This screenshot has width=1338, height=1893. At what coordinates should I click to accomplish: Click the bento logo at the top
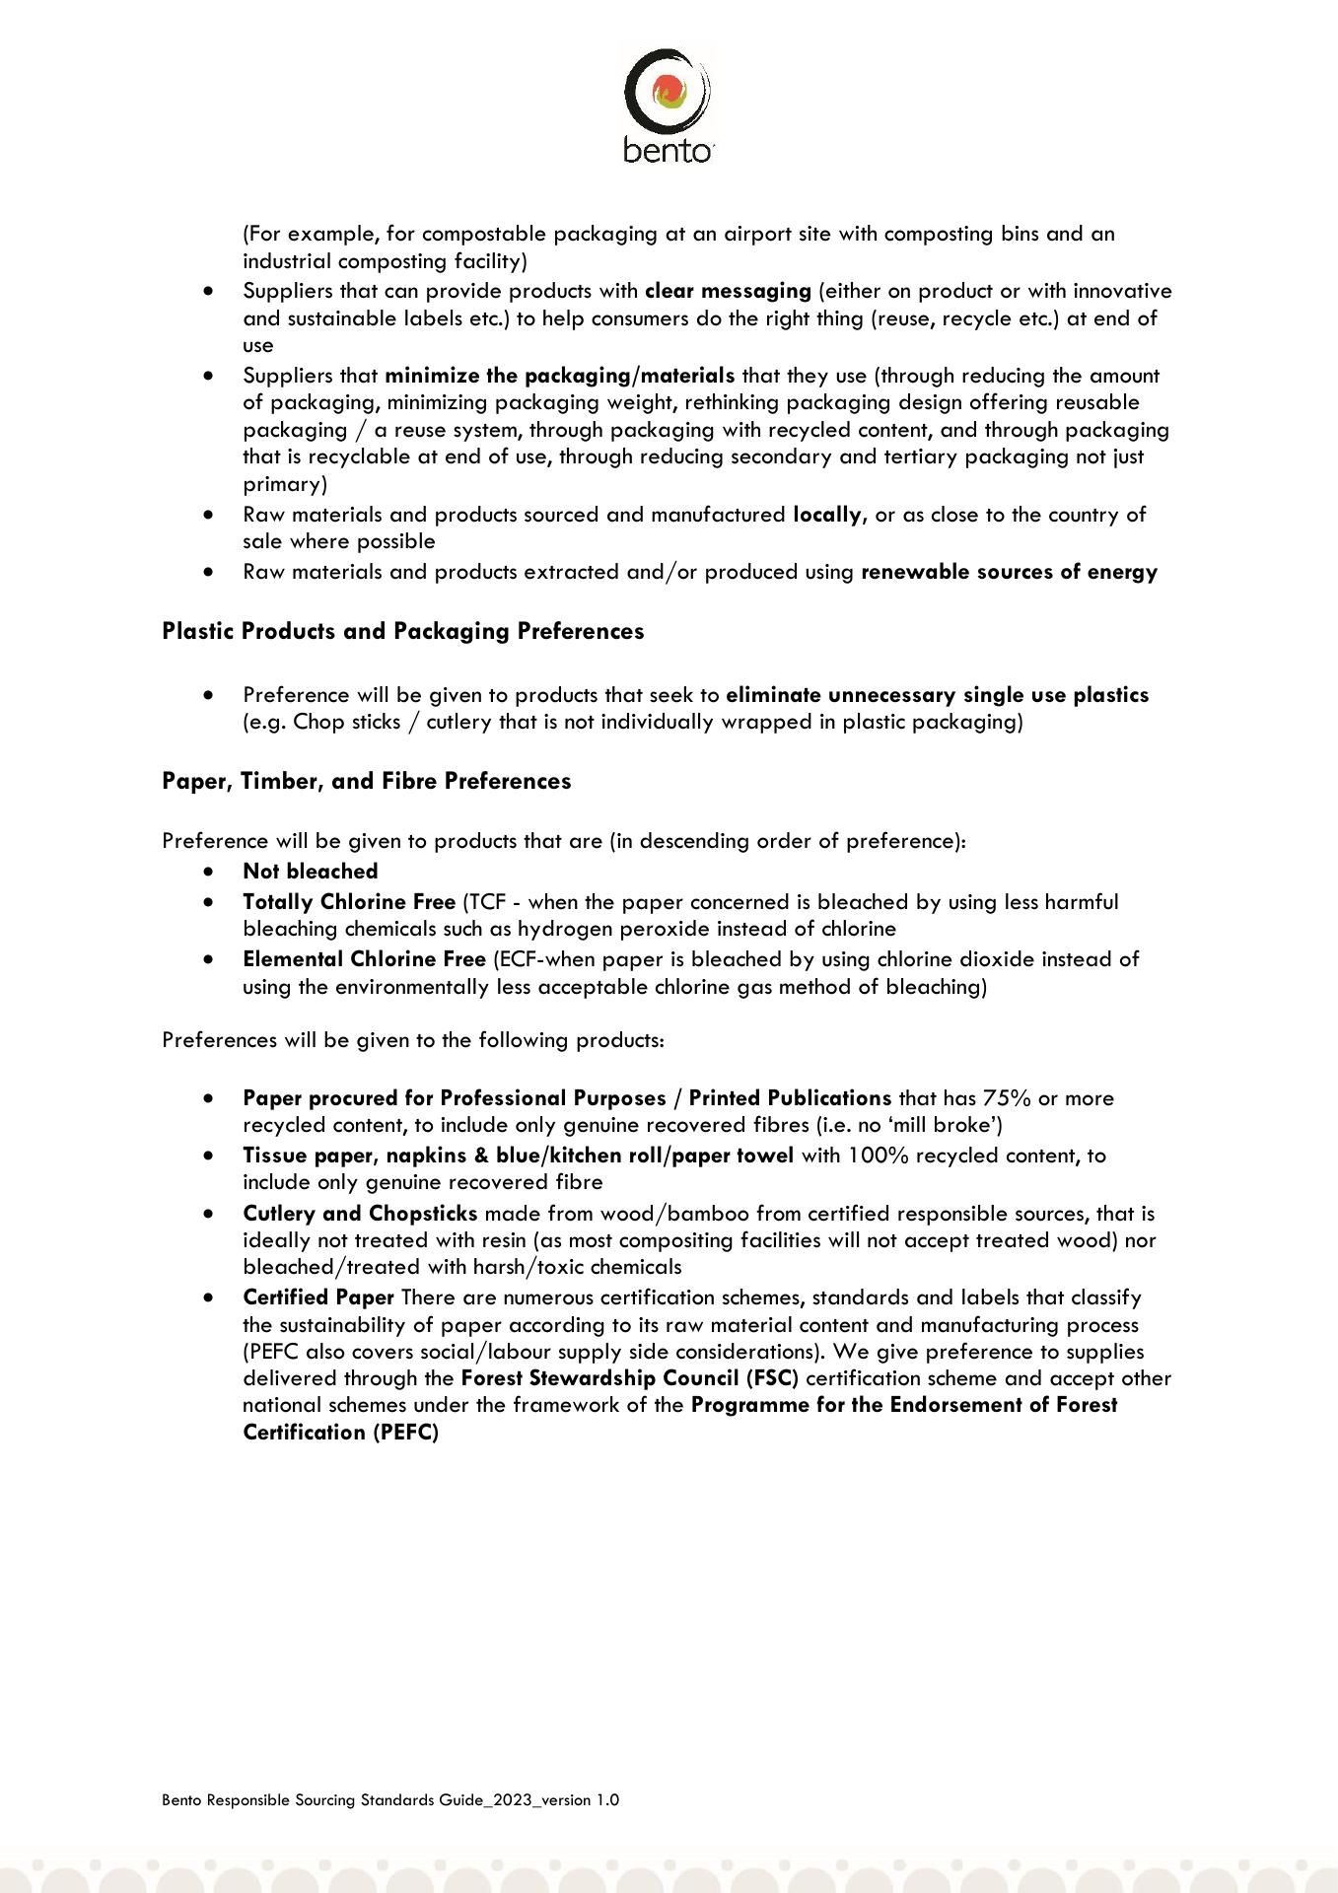668,105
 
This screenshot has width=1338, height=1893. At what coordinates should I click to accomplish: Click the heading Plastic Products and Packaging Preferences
402,631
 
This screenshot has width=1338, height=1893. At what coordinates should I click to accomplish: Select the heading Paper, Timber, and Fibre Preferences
366,781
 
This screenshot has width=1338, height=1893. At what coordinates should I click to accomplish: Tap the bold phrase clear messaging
727,291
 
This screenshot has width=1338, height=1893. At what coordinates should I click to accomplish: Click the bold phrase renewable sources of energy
1009,572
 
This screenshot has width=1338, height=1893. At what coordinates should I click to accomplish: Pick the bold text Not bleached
311,872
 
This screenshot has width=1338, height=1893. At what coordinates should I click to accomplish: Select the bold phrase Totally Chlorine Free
349,902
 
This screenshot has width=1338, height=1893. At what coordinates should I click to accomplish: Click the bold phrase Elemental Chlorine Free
364,959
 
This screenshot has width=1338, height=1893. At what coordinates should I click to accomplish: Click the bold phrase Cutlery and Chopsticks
360,1214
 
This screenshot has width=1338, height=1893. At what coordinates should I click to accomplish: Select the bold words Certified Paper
318,1297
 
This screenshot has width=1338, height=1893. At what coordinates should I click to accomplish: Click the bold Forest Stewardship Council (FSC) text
629,1378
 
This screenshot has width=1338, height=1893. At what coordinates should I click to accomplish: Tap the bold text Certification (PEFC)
340,1433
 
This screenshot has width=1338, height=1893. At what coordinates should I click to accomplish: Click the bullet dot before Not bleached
208,872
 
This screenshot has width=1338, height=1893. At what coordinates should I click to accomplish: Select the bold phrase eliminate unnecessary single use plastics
937,695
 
